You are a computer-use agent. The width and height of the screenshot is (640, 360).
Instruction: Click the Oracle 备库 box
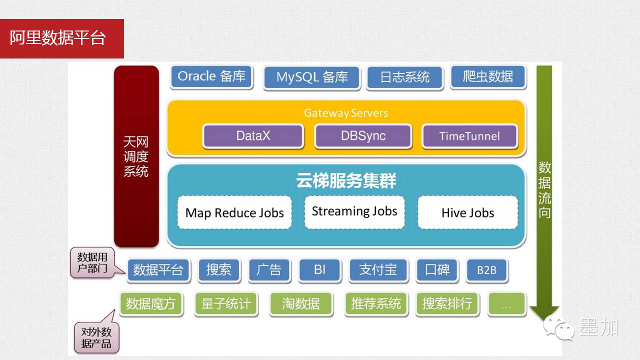pos(211,76)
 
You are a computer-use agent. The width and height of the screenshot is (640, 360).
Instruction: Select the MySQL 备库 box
pos(312,77)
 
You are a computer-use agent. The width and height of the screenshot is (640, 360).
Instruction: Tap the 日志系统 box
pos(405,77)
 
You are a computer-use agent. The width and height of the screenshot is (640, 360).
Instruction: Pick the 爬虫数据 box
pos(488,76)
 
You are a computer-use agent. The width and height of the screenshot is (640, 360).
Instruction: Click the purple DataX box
pos(253,136)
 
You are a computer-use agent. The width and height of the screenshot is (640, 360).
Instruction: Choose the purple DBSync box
pos(363,136)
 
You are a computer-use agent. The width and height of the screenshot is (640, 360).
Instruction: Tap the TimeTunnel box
pos(469,136)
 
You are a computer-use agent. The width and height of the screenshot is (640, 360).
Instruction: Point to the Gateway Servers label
pos(346,113)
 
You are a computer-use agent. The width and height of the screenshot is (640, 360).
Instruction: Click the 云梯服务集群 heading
pos(346,181)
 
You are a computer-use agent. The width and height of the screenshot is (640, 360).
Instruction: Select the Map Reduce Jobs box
pos(234,213)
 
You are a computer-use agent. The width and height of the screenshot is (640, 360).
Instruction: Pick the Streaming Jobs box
pos(354,211)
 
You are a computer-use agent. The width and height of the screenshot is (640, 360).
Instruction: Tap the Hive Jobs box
pos(467,213)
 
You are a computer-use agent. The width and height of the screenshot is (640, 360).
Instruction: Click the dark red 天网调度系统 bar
pos(136,157)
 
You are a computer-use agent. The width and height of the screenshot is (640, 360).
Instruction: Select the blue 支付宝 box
pos(378,270)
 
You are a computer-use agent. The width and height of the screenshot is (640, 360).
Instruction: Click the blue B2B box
pos(486,270)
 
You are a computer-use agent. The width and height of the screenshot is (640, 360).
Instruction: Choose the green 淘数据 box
pos(301,303)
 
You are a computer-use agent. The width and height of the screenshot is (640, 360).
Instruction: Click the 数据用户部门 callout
pos(92,263)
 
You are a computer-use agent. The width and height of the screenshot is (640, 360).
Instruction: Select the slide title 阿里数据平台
pos(58,38)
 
